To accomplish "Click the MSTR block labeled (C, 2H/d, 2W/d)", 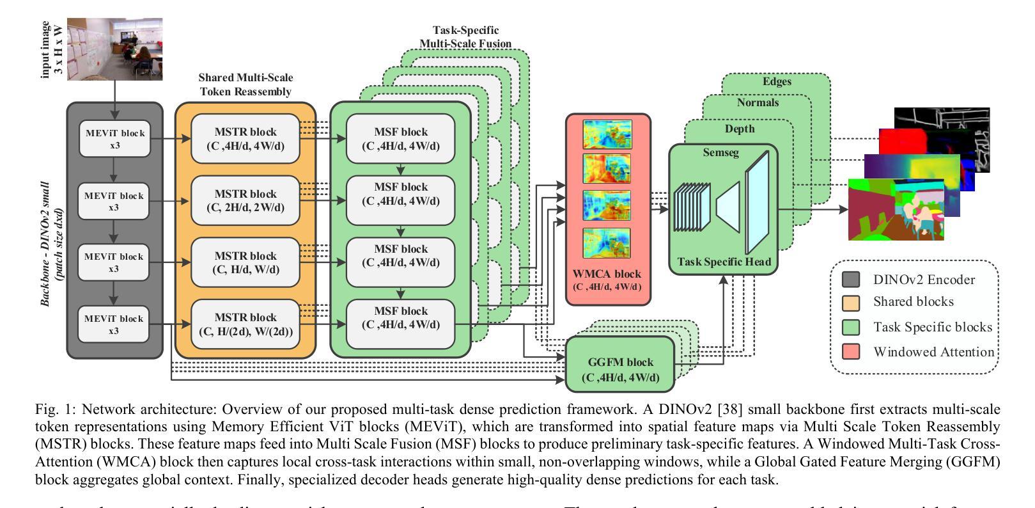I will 246,201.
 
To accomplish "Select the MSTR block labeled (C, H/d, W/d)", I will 246,263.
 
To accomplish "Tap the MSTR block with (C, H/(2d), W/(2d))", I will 246,324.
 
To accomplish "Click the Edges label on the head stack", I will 777,82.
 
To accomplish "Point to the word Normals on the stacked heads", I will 758,102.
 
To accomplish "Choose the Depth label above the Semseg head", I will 739,129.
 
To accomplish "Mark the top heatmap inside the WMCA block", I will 607,134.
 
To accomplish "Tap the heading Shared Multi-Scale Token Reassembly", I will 245,85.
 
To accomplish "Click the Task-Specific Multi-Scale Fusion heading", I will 465,37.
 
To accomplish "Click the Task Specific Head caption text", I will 724,262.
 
